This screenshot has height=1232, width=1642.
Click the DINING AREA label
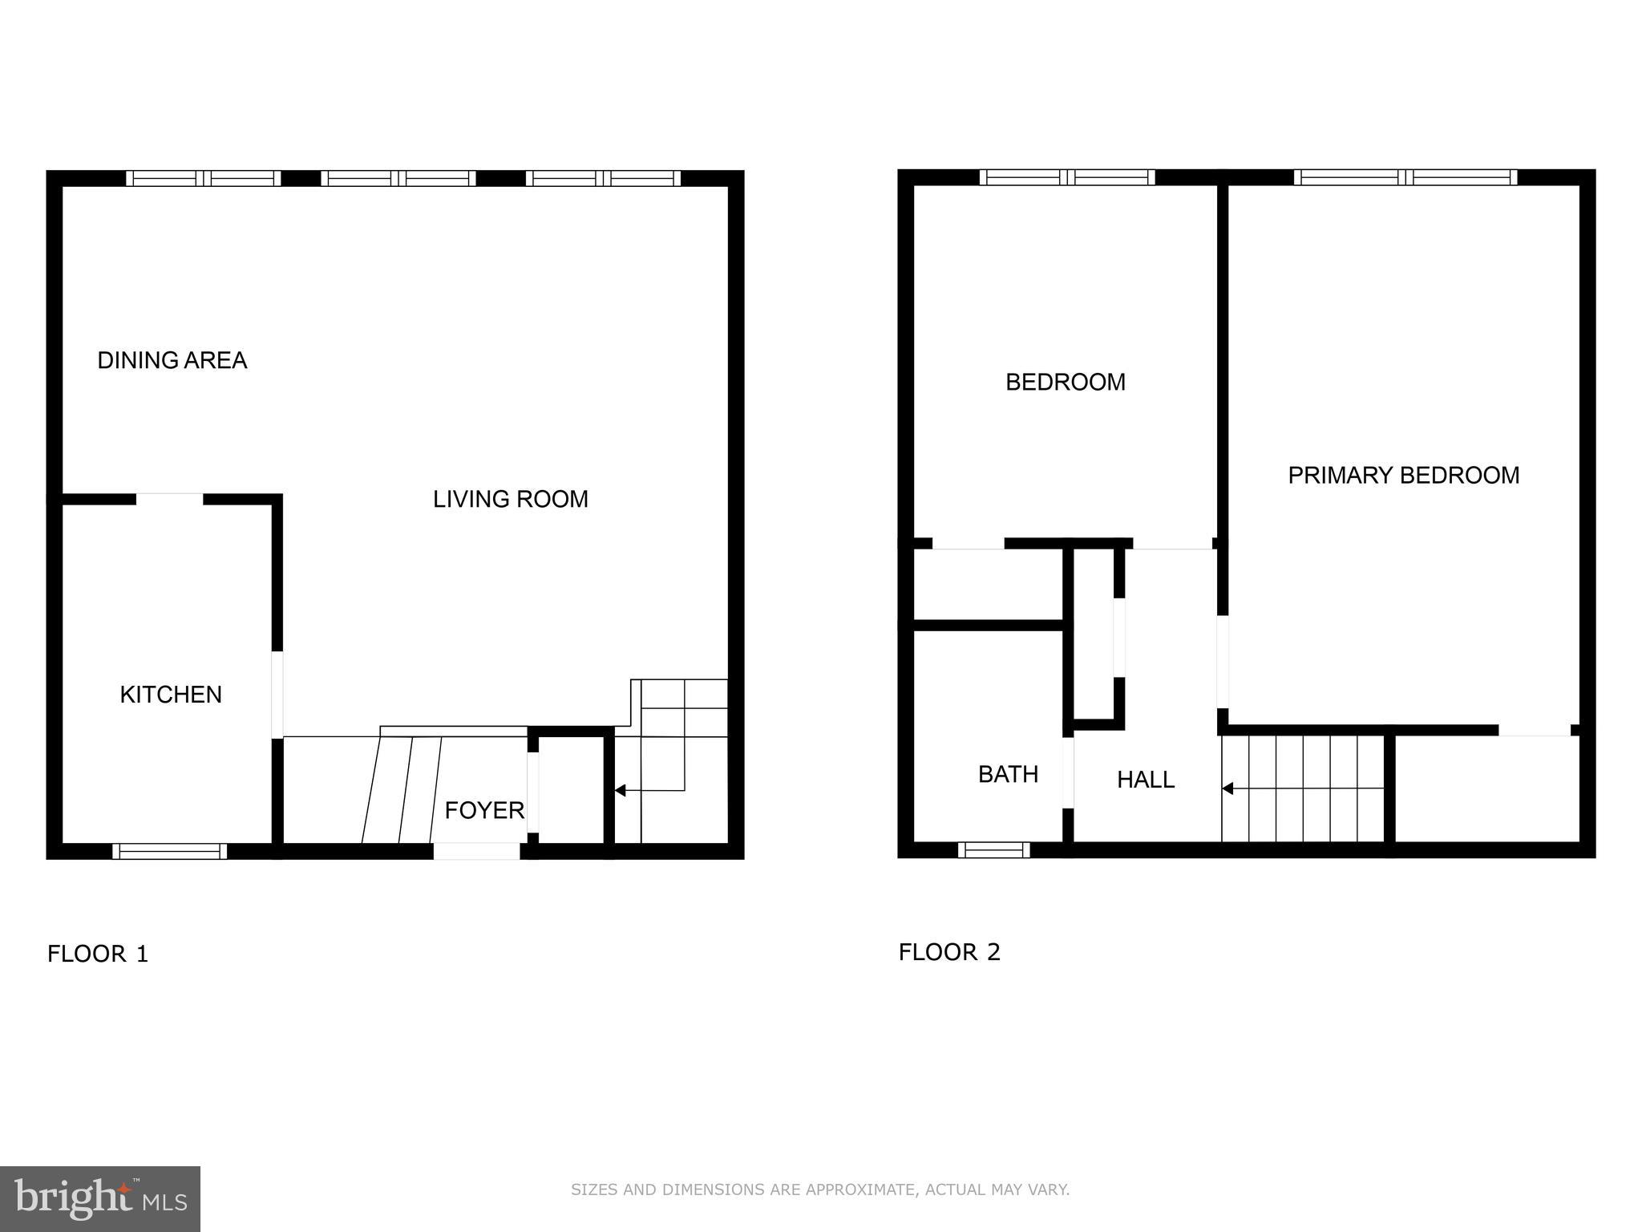click(172, 361)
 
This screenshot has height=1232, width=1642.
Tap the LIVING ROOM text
click(511, 500)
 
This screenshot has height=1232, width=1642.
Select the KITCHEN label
click(171, 695)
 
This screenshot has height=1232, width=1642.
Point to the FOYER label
click(484, 811)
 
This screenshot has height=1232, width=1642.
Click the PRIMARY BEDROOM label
click(1403, 476)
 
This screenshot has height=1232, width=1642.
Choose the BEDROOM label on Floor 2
click(1065, 383)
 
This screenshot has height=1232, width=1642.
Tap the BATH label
click(1008, 775)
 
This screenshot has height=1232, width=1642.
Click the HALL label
click(1145, 780)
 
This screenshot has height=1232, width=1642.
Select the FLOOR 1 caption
click(98, 954)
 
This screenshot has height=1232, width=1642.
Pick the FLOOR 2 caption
click(949, 953)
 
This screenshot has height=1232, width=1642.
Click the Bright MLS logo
click(99, 1198)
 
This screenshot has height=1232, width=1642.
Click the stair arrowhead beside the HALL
click(1227, 789)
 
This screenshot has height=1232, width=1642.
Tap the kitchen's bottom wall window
click(169, 851)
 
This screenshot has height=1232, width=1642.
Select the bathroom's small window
click(993, 850)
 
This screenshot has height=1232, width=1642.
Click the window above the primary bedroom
click(1405, 177)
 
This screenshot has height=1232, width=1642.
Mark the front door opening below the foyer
click(476, 852)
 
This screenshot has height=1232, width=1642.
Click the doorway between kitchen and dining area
click(169, 500)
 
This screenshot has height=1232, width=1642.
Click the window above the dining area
click(204, 178)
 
